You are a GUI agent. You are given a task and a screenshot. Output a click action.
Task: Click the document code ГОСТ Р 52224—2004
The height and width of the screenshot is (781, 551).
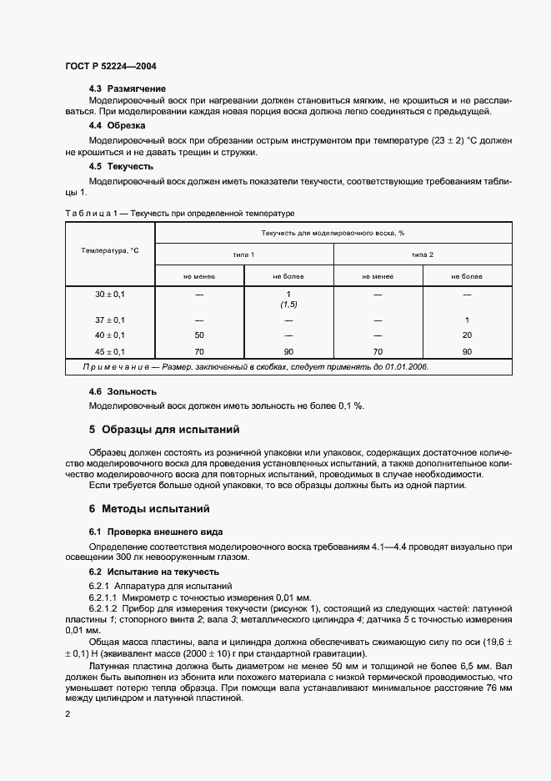click(x=110, y=66)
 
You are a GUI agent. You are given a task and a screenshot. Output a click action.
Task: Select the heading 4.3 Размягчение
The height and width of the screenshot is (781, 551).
click(x=128, y=88)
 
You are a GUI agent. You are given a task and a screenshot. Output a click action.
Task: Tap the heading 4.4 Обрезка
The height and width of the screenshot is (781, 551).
click(x=118, y=125)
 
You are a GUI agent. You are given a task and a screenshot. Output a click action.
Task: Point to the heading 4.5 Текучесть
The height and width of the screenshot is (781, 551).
click(x=122, y=166)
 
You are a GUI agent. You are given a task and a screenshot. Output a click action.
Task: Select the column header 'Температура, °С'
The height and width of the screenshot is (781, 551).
click(x=110, y=250)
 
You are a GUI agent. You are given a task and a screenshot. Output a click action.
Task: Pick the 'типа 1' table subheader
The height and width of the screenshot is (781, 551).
click(x=244, y=254)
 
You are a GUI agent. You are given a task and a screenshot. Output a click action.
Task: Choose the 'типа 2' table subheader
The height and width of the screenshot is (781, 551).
click(x=423, y=254)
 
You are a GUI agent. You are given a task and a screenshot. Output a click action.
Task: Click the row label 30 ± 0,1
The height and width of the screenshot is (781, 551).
click(x=110, y=295)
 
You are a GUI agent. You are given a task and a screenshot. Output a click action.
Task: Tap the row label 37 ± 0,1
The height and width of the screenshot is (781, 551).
click(x=110, y=320)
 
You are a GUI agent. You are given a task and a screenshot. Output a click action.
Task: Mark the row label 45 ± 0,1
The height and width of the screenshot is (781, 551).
click(x=110, y=352)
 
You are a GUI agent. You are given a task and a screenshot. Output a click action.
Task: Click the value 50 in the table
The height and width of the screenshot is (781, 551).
click(x=199, y=336)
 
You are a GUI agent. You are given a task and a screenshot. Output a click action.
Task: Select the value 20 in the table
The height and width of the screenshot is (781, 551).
click(x=467, y=336)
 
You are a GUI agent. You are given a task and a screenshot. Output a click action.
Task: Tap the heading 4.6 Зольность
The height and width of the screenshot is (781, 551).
click(x=123, y=391)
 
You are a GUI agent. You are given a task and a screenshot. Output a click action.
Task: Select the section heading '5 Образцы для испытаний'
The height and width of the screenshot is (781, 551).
click(x=164, y=431)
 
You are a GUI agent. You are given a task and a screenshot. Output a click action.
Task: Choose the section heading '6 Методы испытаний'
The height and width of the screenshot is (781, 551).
click(x=149, y=508)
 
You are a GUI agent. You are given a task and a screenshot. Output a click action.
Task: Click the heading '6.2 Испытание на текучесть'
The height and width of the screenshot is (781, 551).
click(x=154, y=572)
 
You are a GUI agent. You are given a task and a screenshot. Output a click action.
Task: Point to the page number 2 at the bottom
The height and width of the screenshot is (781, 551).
click(x=68, y=715)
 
